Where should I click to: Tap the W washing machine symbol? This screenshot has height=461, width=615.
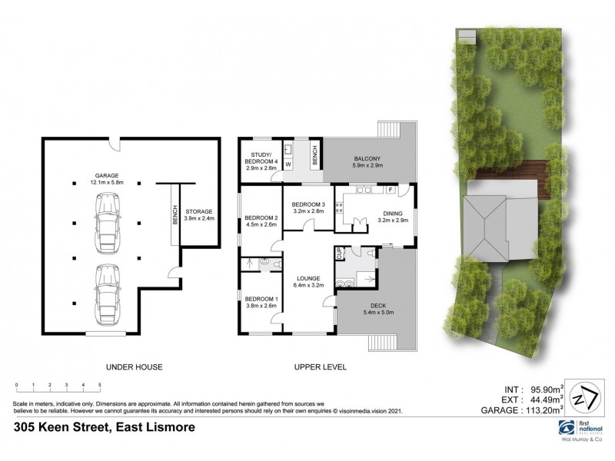pyautogui.click(x=288, y=164)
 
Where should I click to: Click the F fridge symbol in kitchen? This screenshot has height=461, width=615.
pyautogui.click(x=391, y=189)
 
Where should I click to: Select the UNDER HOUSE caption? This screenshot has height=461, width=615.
pyautogui.click(x=135, y=367)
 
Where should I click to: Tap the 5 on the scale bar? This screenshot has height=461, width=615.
pyautogui.click(x=100, y=383)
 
